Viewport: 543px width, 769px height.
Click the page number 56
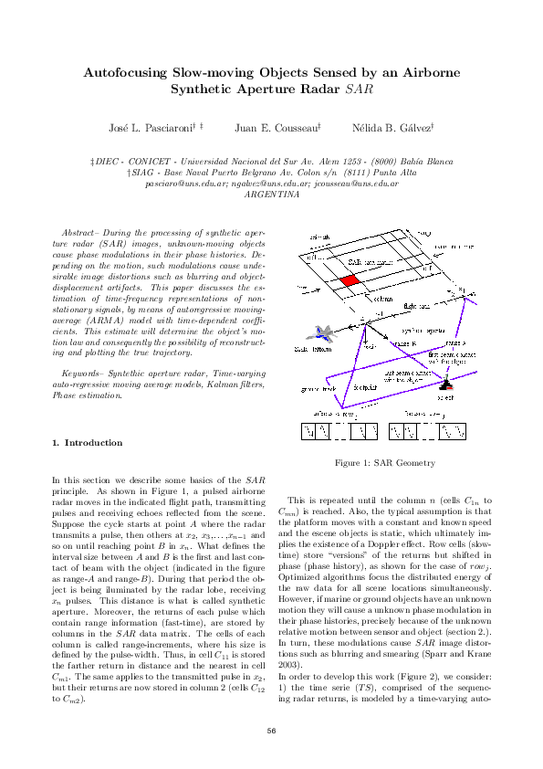(271, 730)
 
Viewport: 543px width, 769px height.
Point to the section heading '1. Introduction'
(87, 443)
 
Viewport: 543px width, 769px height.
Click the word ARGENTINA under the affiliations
(272, 194)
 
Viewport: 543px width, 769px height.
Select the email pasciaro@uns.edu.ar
(178, 183)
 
